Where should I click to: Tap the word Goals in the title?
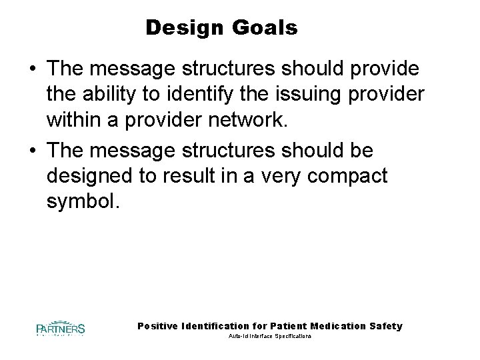click(263, 29)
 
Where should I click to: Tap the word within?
click(73, 123)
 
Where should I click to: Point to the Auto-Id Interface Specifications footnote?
click(270, 337)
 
